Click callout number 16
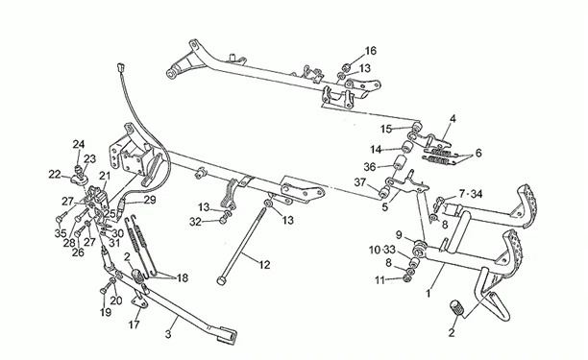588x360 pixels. tap(370, 51)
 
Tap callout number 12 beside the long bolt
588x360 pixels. tap(264, 265)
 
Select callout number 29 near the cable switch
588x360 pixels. tap(150, 200)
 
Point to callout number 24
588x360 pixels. tap(79, 144)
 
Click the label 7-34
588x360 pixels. tap(471, 194)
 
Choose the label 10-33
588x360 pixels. tap(382, 250)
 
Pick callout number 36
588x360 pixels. tap(370, 167)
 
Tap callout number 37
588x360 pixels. tap(360, 182)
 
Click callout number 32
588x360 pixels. tap(195, 222)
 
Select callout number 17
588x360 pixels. tap(134, 324)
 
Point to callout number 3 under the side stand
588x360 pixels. tap(168, 334)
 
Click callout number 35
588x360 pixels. tap(61, 233)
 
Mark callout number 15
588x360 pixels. tap(386, 130)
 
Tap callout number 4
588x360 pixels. tap(453, 119)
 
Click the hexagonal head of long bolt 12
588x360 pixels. tap(221, 280)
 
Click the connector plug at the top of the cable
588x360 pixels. tap(121, 67)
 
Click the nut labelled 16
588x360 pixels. tap(347, 67)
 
